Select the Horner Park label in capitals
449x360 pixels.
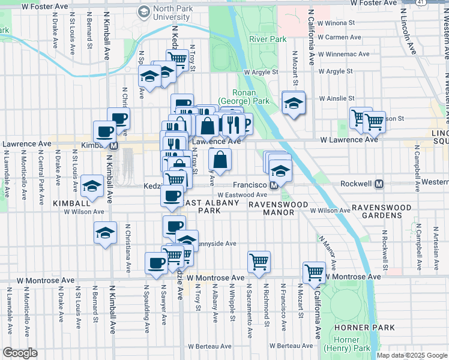365,328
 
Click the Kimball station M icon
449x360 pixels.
113,145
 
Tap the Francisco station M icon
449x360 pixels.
273,185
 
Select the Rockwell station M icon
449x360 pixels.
379,183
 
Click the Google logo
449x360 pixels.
20,353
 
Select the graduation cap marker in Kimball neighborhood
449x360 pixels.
92,186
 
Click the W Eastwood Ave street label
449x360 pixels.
242,195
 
